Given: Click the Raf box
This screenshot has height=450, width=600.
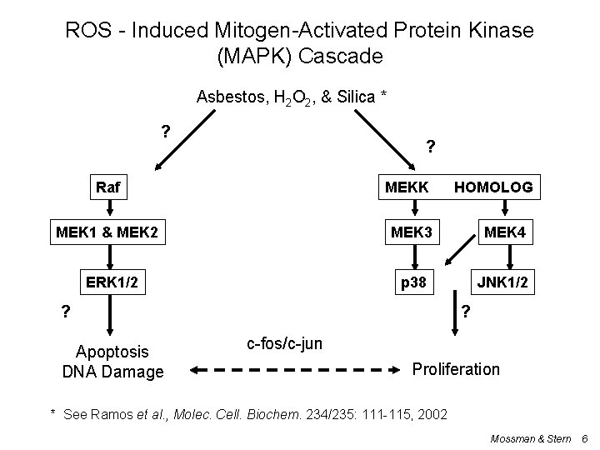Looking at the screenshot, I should [x=108, y=187].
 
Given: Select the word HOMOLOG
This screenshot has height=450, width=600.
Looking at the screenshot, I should [x=492, y=187].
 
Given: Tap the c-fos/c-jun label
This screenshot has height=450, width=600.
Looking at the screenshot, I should [x=286, y=343].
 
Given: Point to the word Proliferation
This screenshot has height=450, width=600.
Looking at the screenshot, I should [x=457, y=368].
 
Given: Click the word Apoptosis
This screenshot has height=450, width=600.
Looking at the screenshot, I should [x=112, y=352].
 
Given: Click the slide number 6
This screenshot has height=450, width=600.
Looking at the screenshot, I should [x=584, y=437].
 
